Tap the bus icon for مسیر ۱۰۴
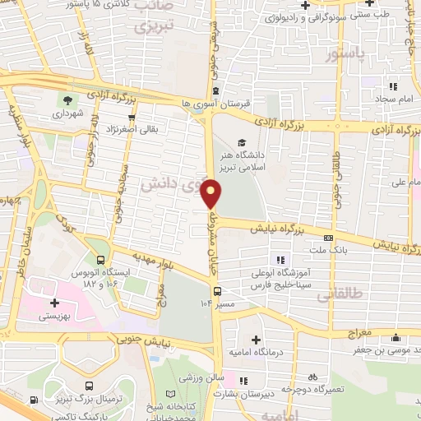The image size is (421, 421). (218, 291)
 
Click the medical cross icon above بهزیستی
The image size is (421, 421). (55, 303)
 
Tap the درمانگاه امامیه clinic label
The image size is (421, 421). (256, 354)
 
